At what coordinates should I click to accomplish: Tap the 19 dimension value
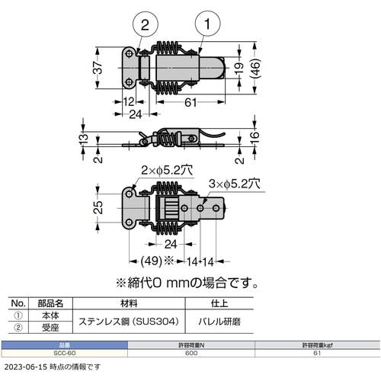click(238, 69)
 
